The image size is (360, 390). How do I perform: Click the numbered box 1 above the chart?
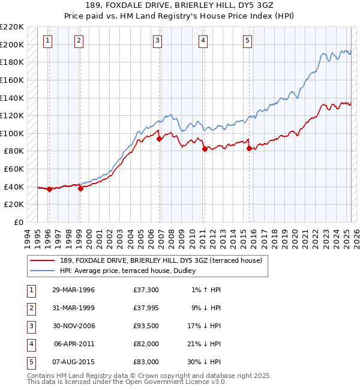48,41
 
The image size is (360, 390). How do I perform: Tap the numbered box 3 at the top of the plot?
157,41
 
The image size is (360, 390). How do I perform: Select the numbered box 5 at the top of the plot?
247,41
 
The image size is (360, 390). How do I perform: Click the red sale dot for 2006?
160,139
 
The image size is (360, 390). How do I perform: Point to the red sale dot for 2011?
205,149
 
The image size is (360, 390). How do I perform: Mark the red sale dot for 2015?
249,149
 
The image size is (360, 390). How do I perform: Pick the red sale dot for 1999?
80,188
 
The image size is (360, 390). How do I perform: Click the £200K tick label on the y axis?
13,44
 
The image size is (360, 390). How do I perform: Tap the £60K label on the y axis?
14,169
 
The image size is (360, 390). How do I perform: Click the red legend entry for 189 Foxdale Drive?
161,260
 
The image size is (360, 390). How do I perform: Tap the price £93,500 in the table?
146,326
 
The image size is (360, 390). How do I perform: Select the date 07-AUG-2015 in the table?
74,362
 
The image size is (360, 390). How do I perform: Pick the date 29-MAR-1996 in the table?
74,290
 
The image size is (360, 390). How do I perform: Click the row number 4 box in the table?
30,344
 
